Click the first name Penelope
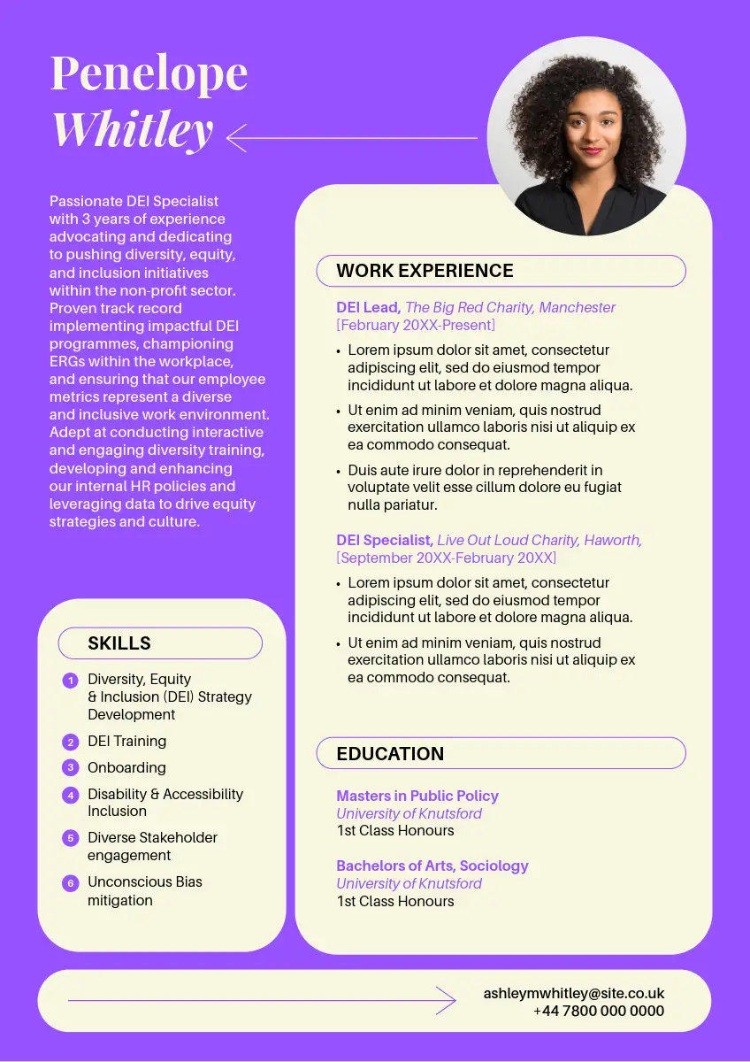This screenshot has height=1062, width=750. click(149, 73)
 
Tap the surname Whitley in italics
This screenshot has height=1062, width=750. click(133, 129)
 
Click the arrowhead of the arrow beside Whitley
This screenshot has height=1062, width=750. click(233, 138)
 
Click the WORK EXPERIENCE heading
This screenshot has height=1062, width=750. click(425, 271)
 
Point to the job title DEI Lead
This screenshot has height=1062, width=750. click(368, 307)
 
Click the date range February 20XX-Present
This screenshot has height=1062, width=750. click(416, 325)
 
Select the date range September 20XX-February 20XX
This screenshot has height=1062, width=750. click(447, 558)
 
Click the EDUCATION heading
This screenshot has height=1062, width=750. click(390, 754)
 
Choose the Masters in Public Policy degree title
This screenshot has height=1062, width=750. click(417, 796)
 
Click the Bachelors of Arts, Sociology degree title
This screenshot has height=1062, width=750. click(432, 866)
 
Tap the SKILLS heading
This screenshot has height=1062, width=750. click(119, 643)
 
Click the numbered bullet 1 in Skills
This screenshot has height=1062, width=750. click(71, 681)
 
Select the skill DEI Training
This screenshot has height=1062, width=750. click(126, 741)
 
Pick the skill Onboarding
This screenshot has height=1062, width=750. click(126, 767)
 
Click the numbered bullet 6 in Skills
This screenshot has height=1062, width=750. click(71, 883)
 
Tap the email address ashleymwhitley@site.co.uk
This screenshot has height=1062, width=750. click(573, 994)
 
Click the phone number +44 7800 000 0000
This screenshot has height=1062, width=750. click(599, 1011)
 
